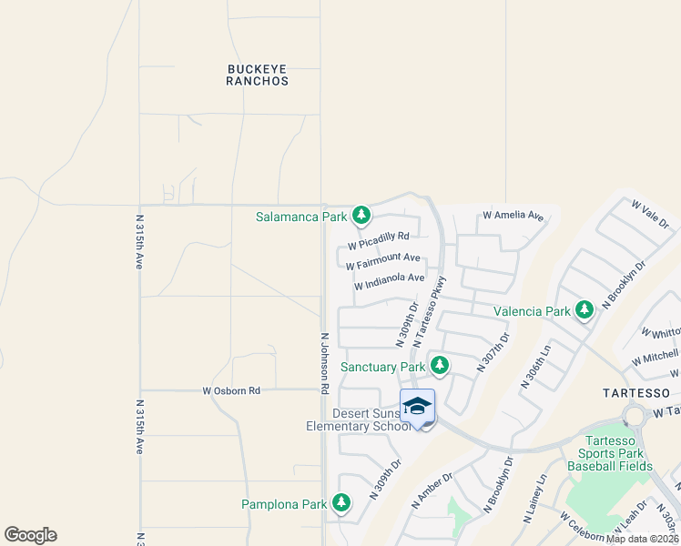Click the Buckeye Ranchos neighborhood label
(x=257, y=74)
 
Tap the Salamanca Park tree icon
(x=362, y=216)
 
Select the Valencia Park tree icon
(x=584, y=310)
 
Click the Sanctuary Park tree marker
(x=440, y=366)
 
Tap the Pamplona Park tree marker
(x=341, y=503)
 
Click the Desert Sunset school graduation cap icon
(x=417, y=406)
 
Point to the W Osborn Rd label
(x=231, y=390)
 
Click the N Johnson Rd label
(x=324, y=362)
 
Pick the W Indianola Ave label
(x=390, y=281)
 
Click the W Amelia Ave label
(x=513, y=217)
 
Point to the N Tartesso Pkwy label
(x=431, y=311)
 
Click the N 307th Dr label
(x=493, y=352)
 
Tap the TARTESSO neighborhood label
(x=636, y=392)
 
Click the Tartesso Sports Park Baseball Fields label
(x=610, y=453)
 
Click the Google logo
(x=30, y=535)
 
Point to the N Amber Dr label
(x=433, y=490)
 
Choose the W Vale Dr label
(x=650, y=215)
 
